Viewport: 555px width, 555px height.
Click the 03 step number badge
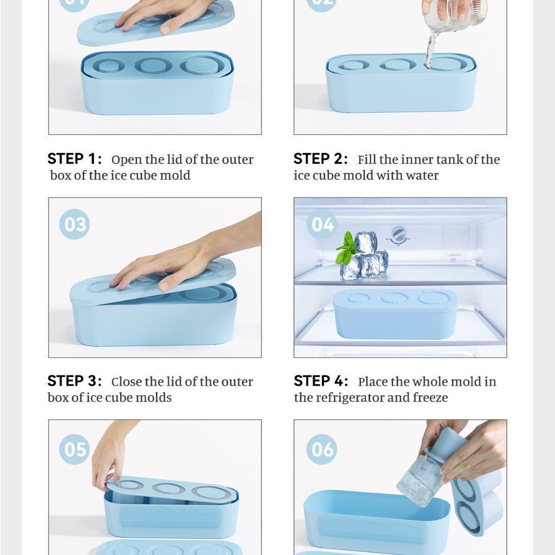coord(74,224)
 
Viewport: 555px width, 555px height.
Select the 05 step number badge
coord(74,449)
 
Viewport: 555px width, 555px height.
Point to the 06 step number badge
coord(322,449)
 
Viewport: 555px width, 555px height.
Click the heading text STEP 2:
coord(321,159)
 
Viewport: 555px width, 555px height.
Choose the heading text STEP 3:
coord(75,381)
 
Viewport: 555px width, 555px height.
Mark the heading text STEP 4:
coord(321,381)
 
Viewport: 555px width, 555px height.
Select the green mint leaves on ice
coord(346,248)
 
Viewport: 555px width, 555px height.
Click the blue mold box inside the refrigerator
coord(395,314)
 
